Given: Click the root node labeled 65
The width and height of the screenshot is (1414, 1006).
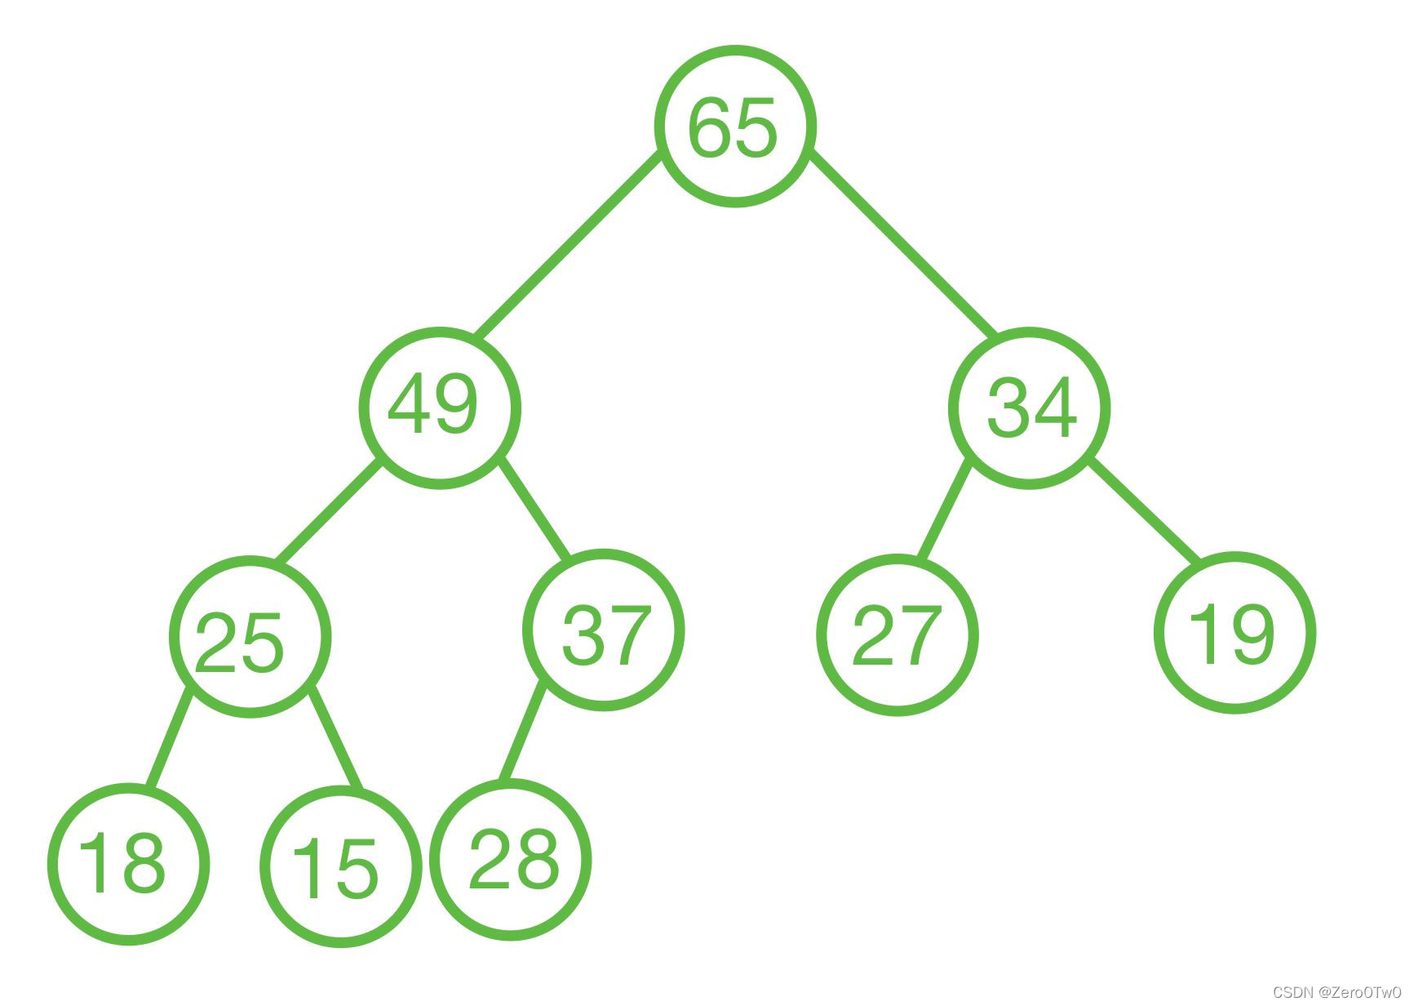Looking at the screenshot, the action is point(734,126).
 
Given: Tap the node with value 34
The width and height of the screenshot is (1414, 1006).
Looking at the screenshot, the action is point(1029,407).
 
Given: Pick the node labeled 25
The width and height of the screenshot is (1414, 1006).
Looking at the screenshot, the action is point(250,637).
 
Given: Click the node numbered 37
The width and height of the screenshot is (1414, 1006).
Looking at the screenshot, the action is point(603,630).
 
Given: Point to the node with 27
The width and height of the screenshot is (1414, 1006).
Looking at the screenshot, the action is point(897,634).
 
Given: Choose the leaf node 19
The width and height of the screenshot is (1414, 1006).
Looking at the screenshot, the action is point(1234,633).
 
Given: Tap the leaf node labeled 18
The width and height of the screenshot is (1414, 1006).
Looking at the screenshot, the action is point(128,864).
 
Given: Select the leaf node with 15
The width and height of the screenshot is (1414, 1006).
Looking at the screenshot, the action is point(340,866).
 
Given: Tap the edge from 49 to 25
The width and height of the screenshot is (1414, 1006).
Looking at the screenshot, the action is point(328,512).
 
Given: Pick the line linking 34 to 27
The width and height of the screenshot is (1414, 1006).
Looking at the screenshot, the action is point(944,511).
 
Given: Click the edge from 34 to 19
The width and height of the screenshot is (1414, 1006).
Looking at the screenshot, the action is point(1146,512).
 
